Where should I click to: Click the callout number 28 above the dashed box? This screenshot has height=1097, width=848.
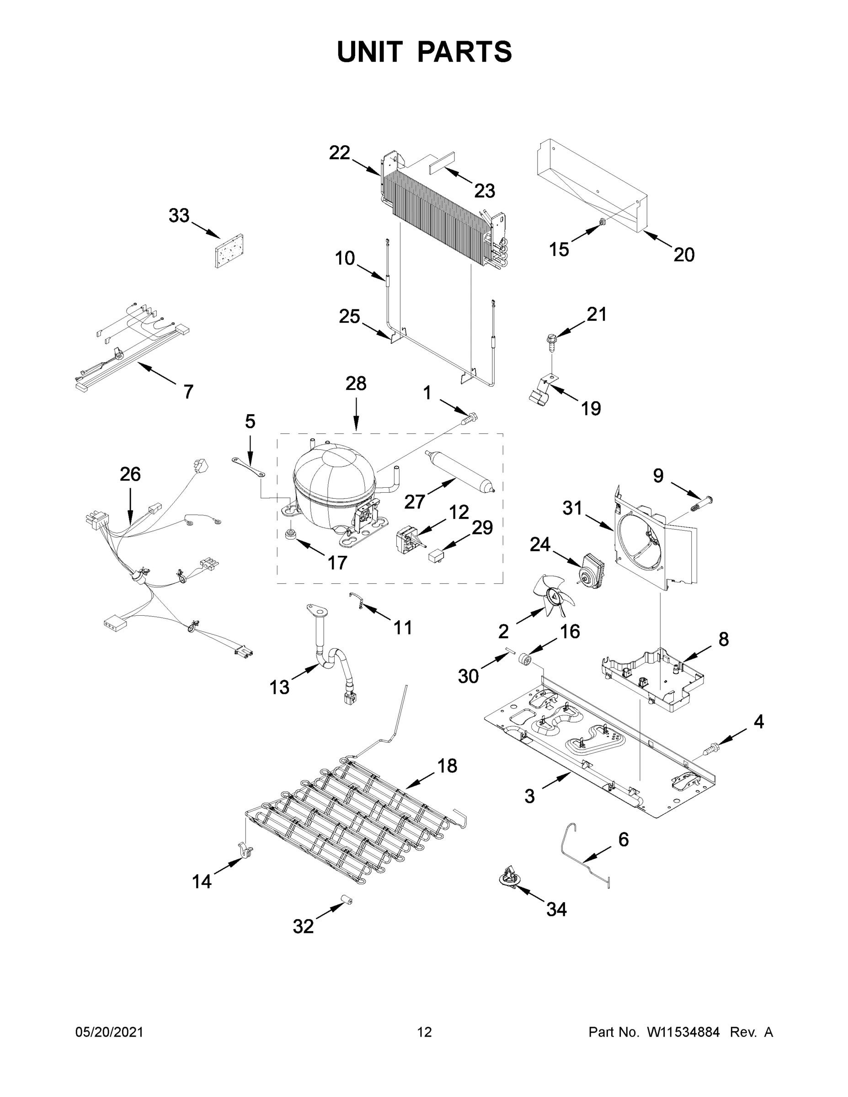click(x=356, y=384)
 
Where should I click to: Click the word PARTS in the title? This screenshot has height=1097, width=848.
click(x=465, y=52)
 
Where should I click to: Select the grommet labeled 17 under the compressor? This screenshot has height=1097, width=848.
click(x=290, y=534)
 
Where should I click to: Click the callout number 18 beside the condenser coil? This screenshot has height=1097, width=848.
click(x=447, y=766)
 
